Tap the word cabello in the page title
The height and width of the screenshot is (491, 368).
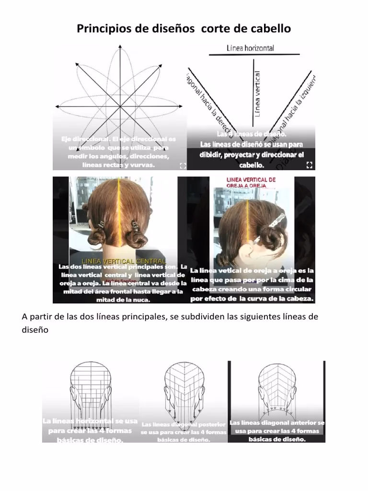pos(271,29)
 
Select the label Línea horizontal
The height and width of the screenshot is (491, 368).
pos(250,48)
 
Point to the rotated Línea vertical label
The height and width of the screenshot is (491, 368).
pos(258,94)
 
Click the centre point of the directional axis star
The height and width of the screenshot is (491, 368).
pos(119,106)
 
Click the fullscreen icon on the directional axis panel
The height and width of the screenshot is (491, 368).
pos(182,165)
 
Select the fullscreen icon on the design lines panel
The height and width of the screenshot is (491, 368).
pos(309,165)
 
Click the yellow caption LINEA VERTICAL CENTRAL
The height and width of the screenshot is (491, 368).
pos(124,260)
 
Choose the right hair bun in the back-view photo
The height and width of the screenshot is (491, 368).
pos(137,238)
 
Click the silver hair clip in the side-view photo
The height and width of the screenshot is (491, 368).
pos(277,221)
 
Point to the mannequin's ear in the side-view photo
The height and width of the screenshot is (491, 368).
pos(248,252)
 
